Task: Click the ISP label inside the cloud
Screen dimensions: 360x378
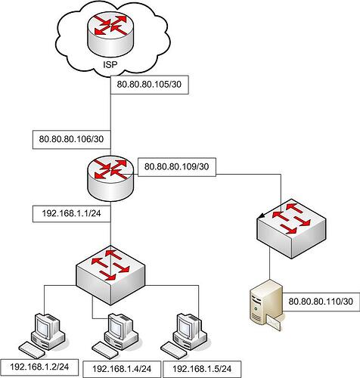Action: tap(110, 64)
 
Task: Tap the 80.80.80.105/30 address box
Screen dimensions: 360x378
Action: tap(150, 85)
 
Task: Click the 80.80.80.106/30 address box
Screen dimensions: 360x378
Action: tap(72, 139)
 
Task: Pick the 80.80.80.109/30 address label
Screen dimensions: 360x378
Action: tap(176, 166)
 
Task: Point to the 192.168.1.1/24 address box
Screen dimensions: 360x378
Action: tap(72, 214)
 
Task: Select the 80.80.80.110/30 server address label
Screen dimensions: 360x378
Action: tap(321, 302)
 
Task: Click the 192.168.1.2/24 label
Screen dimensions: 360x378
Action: tap(39, 367)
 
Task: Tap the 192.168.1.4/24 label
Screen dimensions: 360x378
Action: tap(122, 369)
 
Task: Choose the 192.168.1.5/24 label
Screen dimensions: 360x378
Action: tap(202, 369)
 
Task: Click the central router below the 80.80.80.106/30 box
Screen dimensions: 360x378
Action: tap(110, 178)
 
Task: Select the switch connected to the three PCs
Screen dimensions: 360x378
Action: tap(110, 275)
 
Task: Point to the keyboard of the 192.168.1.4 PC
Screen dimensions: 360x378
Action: tap(104, 350)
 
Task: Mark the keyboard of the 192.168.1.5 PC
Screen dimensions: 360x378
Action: tap(173, 350)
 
